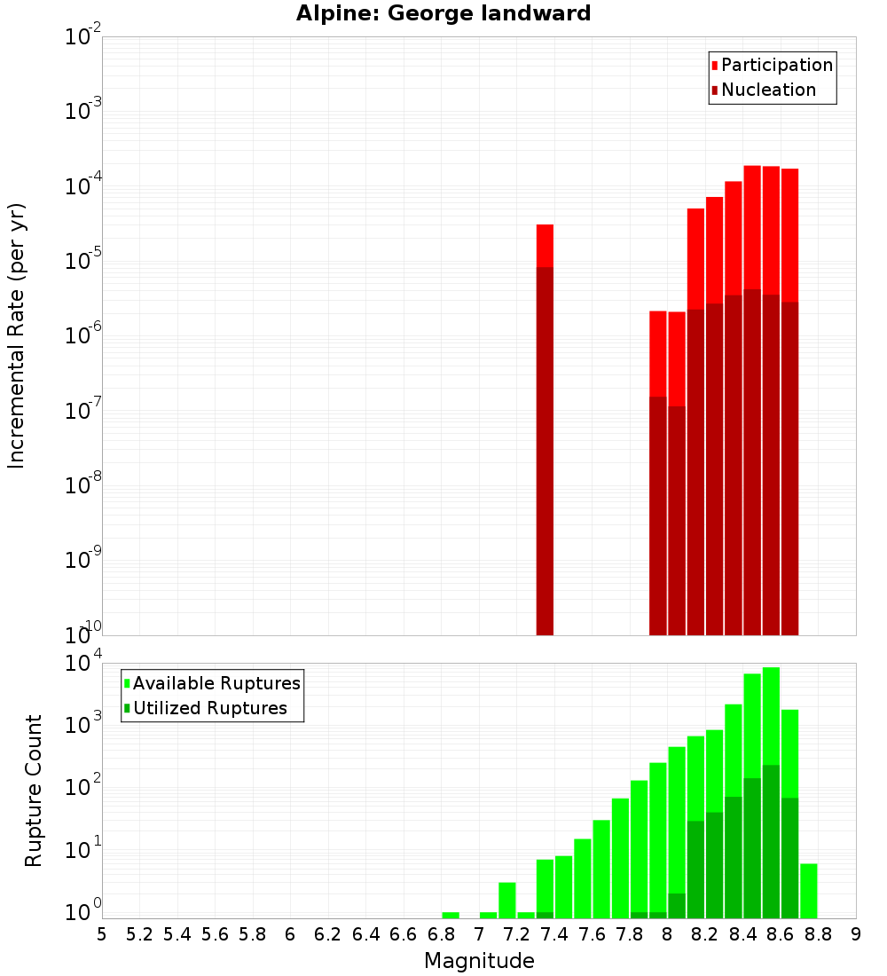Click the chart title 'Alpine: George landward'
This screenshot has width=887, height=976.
(443, 13)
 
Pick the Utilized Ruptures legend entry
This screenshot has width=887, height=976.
(209, 709)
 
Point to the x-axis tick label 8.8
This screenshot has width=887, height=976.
(818, 934)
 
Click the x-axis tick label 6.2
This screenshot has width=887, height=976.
(327, 934)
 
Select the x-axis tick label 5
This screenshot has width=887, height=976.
(102, 934)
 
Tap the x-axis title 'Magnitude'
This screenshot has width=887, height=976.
(479, 961)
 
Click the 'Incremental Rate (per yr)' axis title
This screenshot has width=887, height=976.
(17, 335)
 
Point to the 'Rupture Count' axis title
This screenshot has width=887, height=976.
(34, 791)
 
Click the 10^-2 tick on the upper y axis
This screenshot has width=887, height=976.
(83, 37)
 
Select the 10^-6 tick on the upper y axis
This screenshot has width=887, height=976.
(83, 336)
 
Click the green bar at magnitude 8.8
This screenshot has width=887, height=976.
(809, 891)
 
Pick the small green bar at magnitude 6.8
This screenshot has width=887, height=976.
(451, 915)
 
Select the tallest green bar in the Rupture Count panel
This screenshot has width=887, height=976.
(771, 790)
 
